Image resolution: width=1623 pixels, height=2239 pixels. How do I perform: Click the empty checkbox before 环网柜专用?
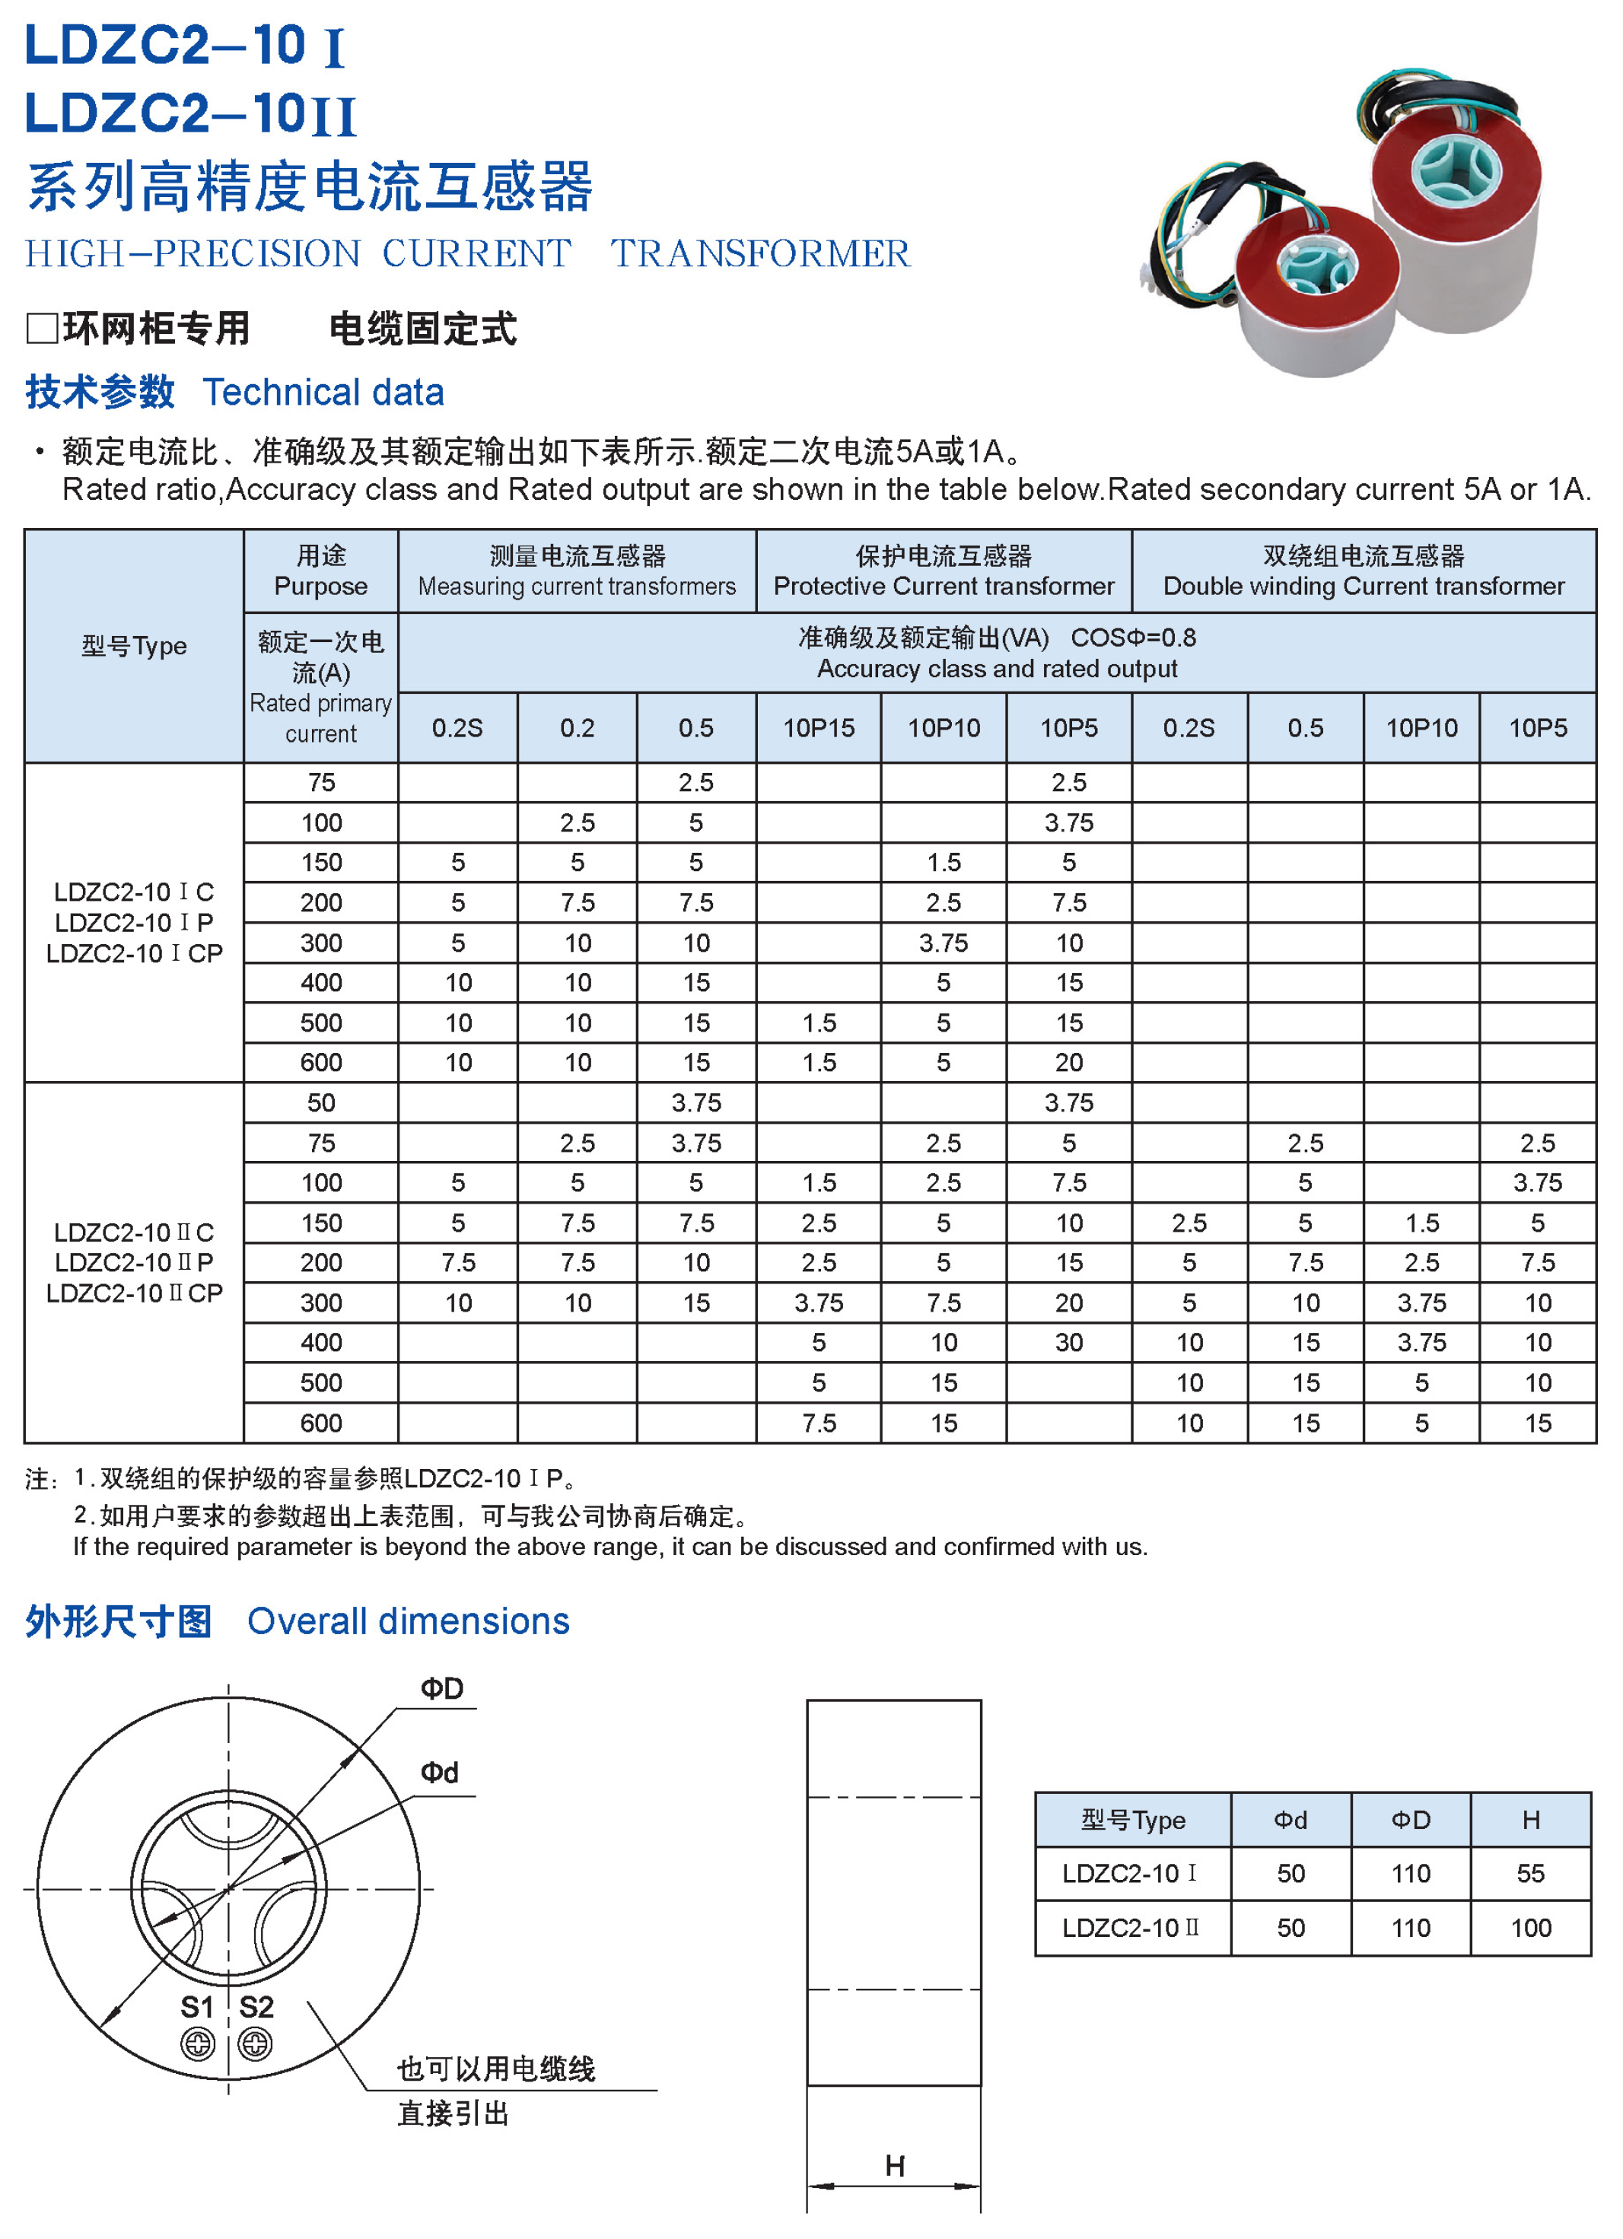click(41, 328)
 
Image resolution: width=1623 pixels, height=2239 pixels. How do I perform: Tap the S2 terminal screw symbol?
click(255, 2043)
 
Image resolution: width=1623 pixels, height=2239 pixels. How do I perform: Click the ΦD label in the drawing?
click(441, 1689)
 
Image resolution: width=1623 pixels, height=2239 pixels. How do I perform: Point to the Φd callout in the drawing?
click(439, 1773)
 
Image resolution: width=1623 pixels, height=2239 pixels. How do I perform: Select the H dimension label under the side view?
click(894, 2166)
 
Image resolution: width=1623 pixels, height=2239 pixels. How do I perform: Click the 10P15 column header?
click(819, 729)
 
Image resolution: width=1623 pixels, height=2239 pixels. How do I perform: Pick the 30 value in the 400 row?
click(1068, 1343)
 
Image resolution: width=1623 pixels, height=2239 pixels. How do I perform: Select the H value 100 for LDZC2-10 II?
click(1530, 1928)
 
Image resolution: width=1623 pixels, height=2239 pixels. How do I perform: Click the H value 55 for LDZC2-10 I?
click(1530, 1874)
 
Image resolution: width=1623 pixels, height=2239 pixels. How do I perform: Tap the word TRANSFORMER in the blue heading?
click(759, 253)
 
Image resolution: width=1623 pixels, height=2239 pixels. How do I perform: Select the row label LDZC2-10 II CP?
click(134, 1293)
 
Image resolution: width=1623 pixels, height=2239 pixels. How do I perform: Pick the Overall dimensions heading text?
click(408, 1622)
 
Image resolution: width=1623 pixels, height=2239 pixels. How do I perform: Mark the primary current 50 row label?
click(321, 1102)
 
